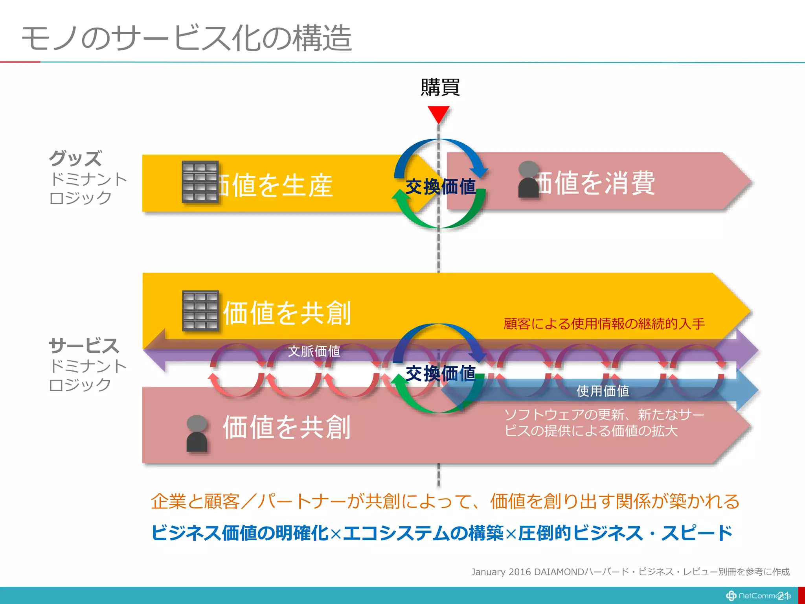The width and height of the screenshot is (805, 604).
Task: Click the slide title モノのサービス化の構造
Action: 186,38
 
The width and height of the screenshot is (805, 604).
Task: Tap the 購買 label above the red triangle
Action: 440,87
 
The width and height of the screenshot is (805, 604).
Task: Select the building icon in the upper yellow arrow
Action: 200,182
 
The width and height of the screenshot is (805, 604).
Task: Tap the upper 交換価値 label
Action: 440,187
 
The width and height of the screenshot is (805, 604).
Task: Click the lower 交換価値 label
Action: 440,373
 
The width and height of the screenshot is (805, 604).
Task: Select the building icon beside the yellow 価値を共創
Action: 200,311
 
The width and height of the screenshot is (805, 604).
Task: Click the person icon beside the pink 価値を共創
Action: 197,433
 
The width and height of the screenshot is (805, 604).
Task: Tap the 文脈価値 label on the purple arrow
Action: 314,351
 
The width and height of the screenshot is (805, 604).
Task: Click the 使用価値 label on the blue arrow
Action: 603,391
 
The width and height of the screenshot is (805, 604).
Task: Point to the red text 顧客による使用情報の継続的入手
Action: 604,324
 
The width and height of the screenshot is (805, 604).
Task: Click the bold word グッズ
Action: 75,158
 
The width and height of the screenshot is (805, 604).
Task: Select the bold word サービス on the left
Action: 84,346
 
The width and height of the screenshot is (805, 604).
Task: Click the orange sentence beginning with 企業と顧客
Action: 445,501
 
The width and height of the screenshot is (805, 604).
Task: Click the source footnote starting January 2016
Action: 630,572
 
